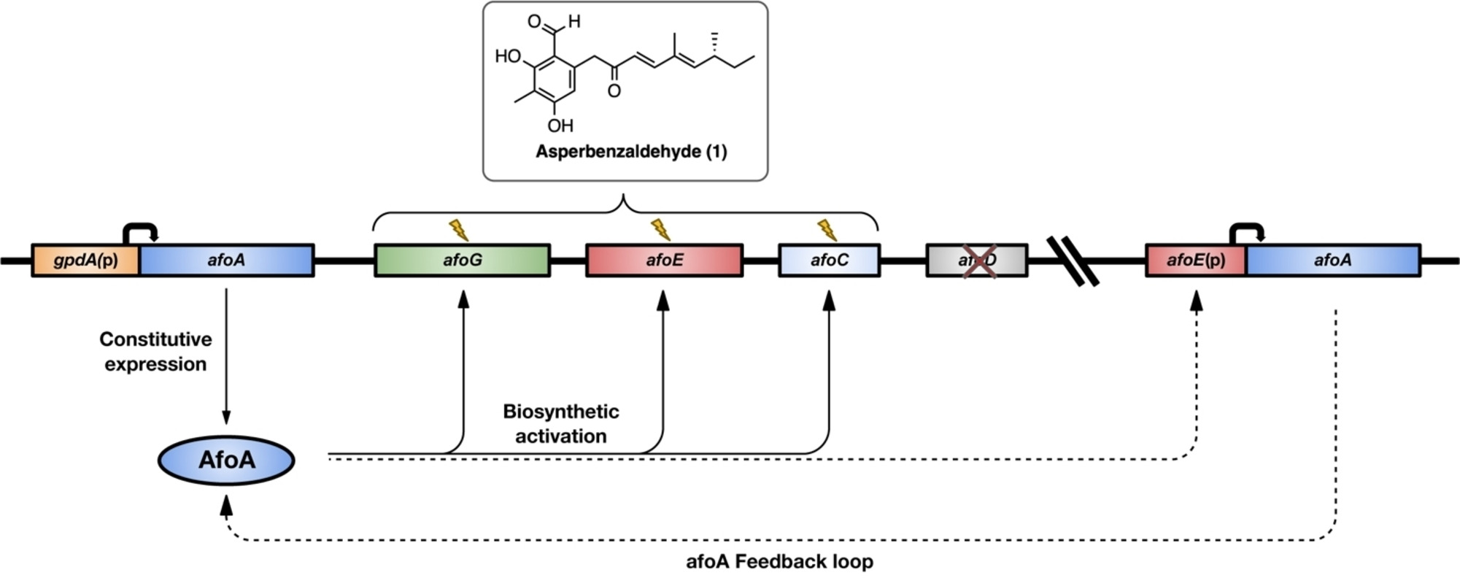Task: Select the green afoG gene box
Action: click(x=462, y=260)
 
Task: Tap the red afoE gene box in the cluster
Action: click(x=664, y=260)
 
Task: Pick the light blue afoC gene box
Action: click(x=829, y=260)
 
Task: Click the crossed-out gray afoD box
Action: click(x=976, y=261)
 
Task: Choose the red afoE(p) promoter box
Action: click(x=1195, y=260)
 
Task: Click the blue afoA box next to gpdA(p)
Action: click(x=226, y=260)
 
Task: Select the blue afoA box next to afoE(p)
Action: click(x=1332, y=260)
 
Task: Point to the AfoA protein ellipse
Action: click(x=226, y=460)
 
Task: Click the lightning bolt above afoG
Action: click(x=458, y=230)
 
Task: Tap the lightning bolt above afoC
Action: click(x=827, y=230)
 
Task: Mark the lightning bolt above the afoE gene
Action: click(x=660, y=230)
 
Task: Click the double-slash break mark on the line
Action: click(x=1073, y=261)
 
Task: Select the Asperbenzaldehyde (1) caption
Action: click(x=631, y=152)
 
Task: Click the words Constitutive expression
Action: click(x=155, y=352)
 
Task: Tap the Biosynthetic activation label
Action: click(x=560, y=423)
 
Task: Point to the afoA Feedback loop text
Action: click(x=779, y=562)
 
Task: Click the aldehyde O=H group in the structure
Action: click(x=555, y=22)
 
